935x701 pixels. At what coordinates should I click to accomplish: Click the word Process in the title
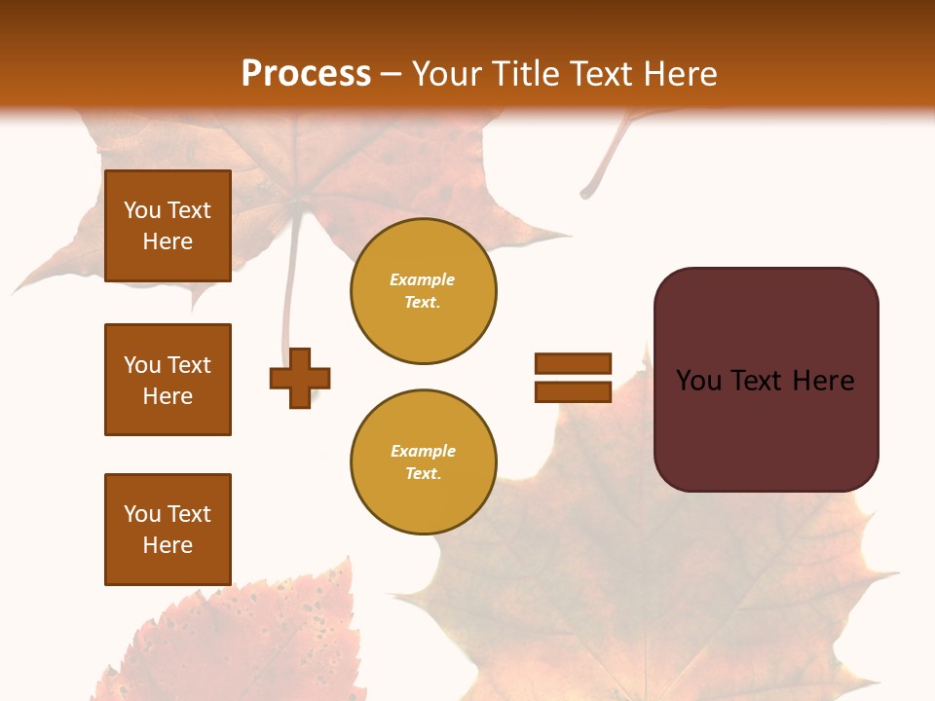tap(306, 74)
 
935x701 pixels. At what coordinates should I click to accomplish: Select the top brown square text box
tap(168, 226)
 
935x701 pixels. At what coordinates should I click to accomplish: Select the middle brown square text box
tap(168, 380)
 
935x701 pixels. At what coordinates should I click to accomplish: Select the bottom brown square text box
tap(168, 530)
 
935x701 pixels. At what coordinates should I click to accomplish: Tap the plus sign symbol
tap(300, 378)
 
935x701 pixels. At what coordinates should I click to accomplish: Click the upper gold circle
tap(423, 291)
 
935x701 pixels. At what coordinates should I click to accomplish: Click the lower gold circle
tap(423, 462)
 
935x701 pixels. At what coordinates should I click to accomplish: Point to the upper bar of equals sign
tap(573, 364)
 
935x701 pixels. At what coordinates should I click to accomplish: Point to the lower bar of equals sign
tap(573, 392)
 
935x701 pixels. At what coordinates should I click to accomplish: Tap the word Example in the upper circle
tap(422, 280)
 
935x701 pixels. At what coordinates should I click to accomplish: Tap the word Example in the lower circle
tap(422, 452)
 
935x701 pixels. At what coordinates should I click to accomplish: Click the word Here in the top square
tap(168, 242)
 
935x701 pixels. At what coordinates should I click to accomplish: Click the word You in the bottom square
tap(142, 514)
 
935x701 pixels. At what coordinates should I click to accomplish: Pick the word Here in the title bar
tap(678, 74)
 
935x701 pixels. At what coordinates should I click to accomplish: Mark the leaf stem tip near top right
tap(586, 193)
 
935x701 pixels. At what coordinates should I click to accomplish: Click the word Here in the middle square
tap(168, 397)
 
